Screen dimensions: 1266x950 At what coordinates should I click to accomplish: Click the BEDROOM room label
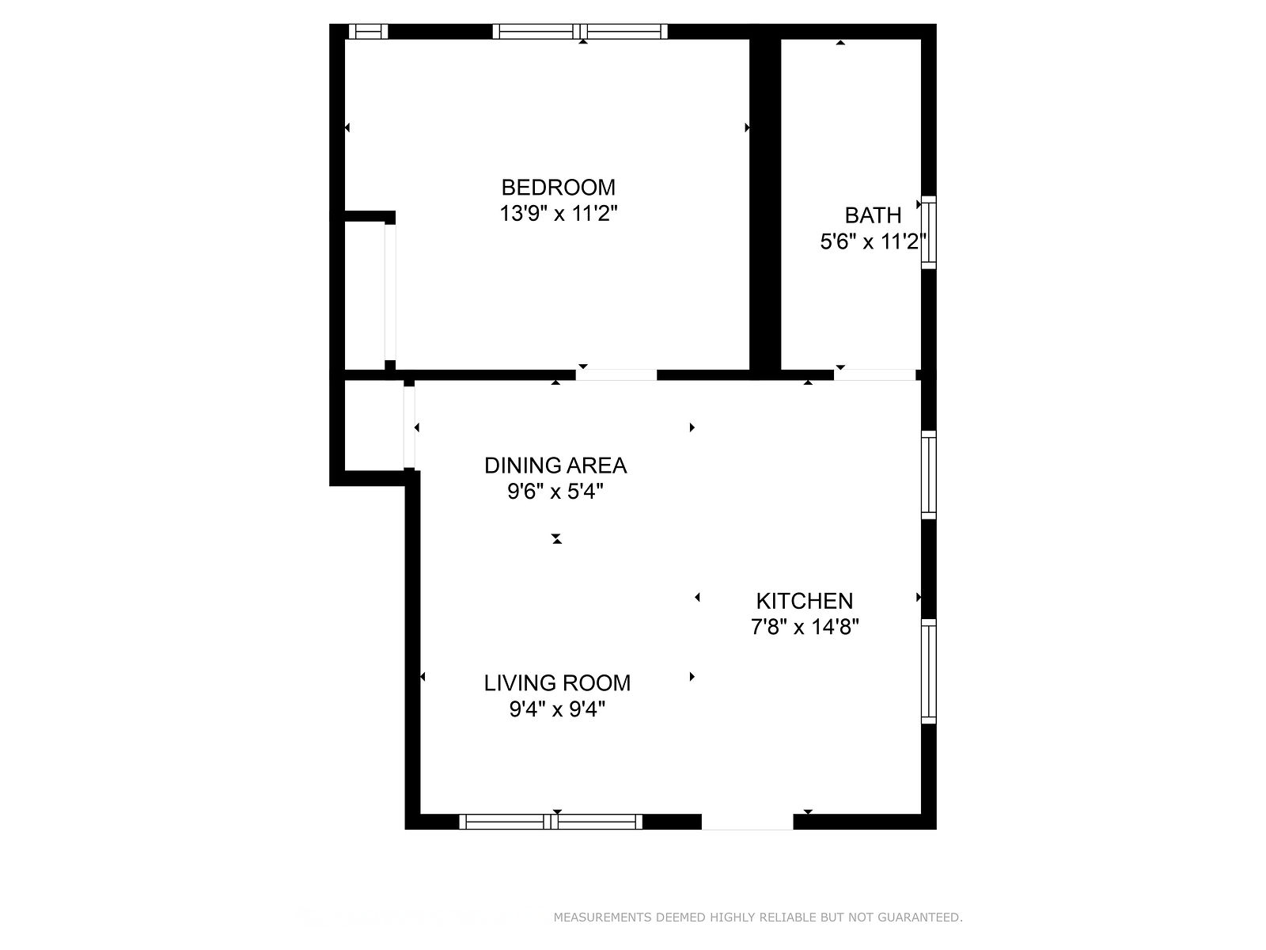tap(558, 188)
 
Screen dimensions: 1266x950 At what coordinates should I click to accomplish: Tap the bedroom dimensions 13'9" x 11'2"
tap(558, 214)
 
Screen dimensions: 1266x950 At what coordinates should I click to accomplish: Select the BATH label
tap(873, 215)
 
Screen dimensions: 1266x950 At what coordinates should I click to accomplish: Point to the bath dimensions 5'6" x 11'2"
tap(873, 241)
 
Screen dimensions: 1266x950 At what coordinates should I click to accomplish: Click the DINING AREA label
tap(555, 465)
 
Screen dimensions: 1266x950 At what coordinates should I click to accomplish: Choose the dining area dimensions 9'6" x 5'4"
tap(555, 492)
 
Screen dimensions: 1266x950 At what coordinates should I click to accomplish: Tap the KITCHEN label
tap(804, 601)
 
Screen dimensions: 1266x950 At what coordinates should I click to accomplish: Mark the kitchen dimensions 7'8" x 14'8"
tap(804, 626)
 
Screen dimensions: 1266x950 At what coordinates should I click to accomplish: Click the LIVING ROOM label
tap(556, 683)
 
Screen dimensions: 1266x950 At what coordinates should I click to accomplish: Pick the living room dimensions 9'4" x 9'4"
tap(556, 709)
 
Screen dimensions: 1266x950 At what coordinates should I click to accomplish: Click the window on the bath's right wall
tap(928, 233)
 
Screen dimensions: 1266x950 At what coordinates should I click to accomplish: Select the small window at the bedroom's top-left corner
tap(369, 31)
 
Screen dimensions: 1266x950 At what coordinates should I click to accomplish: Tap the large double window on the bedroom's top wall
tap(580, 31)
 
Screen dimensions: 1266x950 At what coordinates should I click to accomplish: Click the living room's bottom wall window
tap(550, 822)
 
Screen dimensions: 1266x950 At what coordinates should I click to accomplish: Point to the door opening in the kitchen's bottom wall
tap(747, 822)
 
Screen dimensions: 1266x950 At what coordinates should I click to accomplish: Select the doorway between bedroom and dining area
tap(616, 375)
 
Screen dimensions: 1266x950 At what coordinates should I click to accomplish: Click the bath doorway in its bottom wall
tap(875, 375)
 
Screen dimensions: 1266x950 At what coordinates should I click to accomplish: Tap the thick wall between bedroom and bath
tap(765, 202)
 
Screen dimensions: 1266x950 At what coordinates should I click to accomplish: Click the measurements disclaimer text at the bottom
tap(758, 917)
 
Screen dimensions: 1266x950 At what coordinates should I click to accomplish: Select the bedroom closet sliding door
tap(390, 292)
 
